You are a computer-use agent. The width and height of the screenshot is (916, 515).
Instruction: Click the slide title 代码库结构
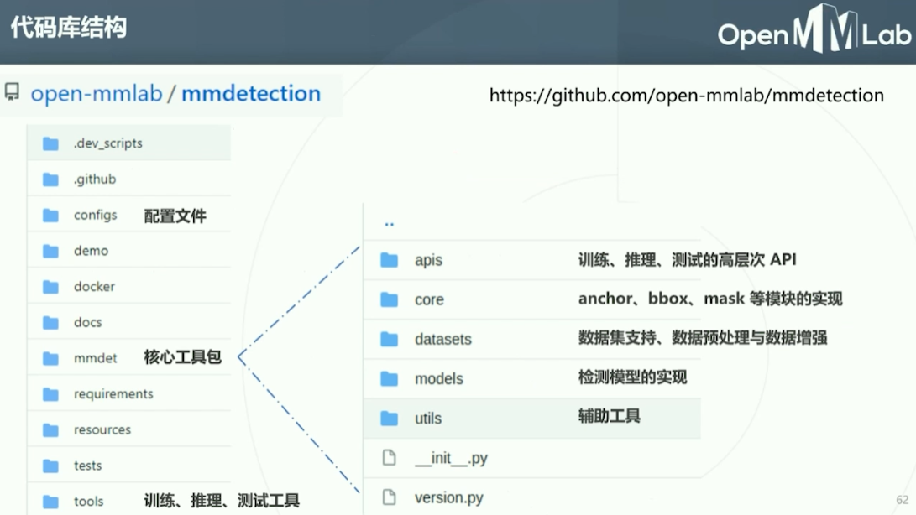coord(68,29)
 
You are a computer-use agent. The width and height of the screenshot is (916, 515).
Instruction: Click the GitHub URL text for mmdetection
coord(686,96)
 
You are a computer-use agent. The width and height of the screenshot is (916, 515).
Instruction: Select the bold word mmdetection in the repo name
coord(251,93)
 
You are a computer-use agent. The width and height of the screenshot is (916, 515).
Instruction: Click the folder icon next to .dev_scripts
coord(50,143)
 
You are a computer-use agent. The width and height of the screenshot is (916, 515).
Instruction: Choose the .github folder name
coord(95,179)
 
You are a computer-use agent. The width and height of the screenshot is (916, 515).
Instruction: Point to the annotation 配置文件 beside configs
coord(175,216)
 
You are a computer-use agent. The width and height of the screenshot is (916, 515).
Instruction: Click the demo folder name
coord(91,251)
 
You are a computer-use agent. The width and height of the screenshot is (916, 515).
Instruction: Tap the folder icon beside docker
coord(50,287)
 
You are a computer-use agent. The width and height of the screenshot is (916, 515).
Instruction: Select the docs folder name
coord(87,322)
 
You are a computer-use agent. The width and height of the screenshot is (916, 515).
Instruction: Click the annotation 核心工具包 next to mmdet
coord(182,357)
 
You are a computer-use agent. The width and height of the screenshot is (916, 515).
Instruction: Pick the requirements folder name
coord(113,394)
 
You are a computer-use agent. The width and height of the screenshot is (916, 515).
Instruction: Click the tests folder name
coord(87,466)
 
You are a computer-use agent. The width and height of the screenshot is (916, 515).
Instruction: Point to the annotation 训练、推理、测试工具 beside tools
coord(222,501)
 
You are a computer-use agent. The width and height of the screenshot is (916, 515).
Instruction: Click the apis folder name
coord(428,260)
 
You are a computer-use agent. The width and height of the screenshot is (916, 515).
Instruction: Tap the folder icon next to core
coord(389,299)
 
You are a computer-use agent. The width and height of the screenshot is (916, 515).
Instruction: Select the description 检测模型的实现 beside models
coord(632,377)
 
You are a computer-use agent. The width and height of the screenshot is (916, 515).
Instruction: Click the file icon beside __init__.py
coord(389,458)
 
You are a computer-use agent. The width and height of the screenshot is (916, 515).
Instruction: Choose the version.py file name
coord(448,497)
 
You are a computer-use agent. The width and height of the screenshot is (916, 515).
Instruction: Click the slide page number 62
coord(903,500)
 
